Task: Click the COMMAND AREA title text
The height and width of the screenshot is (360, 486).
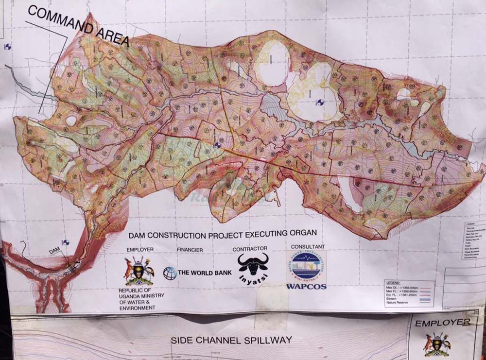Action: click(x=78, y=26)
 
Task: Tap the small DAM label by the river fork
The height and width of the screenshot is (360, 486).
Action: click(x=54, y=251)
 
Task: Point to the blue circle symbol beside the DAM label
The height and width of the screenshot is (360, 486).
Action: click(x=65, y=242)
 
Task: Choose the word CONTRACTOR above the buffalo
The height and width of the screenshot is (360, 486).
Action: click(x=250, y=248)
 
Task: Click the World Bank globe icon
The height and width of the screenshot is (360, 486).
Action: click(x=170, y=273)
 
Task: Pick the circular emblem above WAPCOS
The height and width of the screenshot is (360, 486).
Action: click(x=306, y=265)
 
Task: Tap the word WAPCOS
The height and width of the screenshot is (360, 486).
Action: click(x=306, y=287)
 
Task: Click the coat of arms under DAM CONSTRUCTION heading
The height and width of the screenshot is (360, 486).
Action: click(x=139, y=271)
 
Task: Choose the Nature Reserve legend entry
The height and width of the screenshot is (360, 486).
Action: click(x=398, y=303)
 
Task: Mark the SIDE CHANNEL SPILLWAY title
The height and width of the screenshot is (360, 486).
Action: click(x=231, y=340)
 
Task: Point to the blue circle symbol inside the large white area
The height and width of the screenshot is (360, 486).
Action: click(x=319, y=103)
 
